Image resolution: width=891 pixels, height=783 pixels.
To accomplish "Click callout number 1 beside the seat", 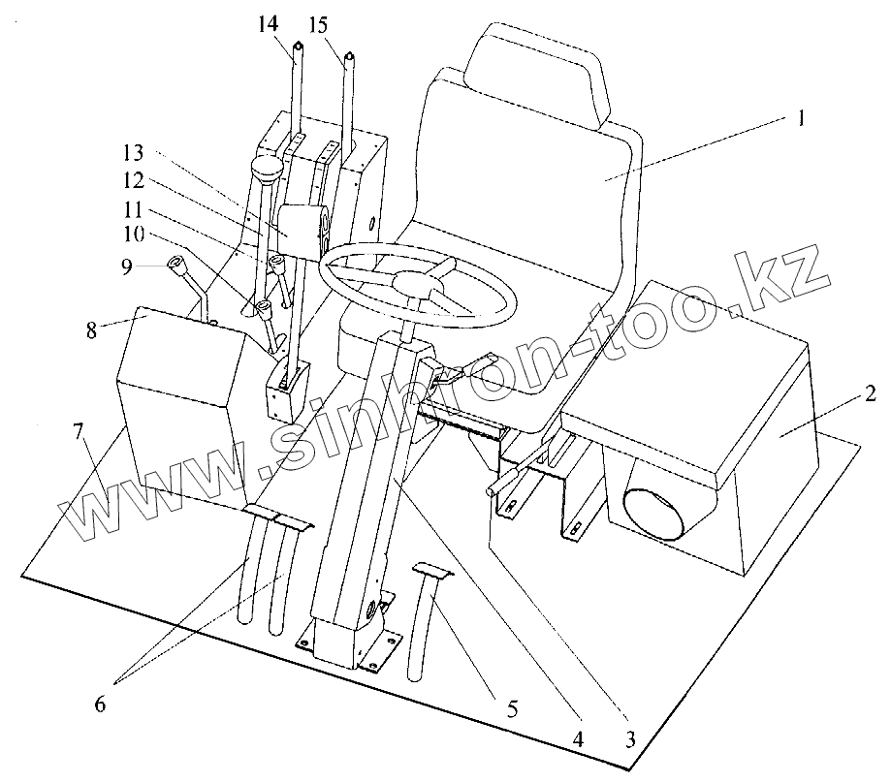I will point(800,120).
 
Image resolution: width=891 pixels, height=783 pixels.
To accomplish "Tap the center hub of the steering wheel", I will point(414,284).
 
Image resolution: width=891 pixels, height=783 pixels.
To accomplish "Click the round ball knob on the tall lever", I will point(267,172).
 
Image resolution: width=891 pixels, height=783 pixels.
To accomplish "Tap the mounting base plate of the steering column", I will point(349,646).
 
